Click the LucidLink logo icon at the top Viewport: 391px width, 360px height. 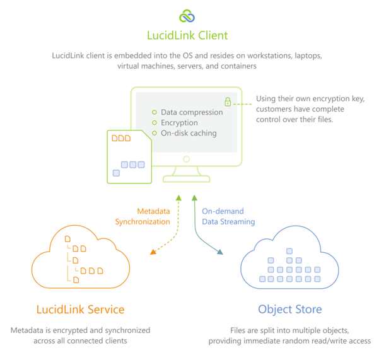[187, 16]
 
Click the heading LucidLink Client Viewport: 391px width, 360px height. [187, 35]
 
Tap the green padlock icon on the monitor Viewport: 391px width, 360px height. [228, 102]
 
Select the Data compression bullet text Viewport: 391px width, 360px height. [192, 112]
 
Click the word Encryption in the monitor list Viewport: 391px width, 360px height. [179, 123]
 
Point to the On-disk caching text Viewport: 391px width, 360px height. [189, 133]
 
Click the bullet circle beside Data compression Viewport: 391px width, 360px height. [155, 112]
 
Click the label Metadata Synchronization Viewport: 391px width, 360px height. [143, 216]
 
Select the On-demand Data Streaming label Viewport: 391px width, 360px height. [228, 216]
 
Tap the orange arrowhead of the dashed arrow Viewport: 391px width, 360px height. [153, 252]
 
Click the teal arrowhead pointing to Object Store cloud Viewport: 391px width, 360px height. [219, 252]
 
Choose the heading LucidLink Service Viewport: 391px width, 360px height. [80, 310]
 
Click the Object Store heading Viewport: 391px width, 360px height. [289, 310]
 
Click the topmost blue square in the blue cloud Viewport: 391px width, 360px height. [289, 251]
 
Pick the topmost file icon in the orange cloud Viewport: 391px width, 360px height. [67, 239]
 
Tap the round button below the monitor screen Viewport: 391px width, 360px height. [186, 159]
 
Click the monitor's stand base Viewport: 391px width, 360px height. [186, 179]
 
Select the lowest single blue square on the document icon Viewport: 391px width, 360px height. [116, 173]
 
